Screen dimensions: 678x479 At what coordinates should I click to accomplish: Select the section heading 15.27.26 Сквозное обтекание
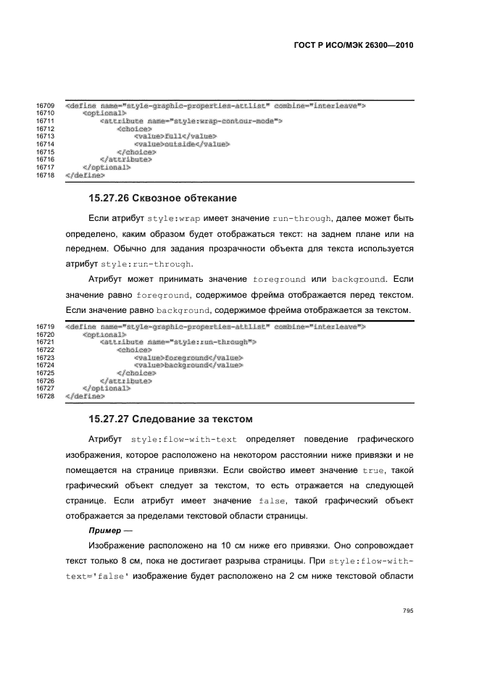pyautogui.click(x=162, y=198)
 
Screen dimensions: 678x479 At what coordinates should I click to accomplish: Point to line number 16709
pyautogui.click(x=46, y=106)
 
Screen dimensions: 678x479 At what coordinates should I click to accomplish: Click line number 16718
pyautogui.click(x=46, y=175)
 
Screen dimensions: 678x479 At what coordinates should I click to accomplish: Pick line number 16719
pyautogui.click(x=46, y=327)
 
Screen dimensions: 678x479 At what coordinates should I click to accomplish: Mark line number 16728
pyautogui.click(x=46, y=396)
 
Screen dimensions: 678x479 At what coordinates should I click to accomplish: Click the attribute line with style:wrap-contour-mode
pyautogui.click(x=191, y=121)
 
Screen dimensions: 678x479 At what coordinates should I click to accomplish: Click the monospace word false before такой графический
pyautogui.click(x=272, y=501)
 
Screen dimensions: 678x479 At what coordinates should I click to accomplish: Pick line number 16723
pyautogui.click(x=46, y=357)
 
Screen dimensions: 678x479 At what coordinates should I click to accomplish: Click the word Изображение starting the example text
pyautogui.click(x=119, y=545)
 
